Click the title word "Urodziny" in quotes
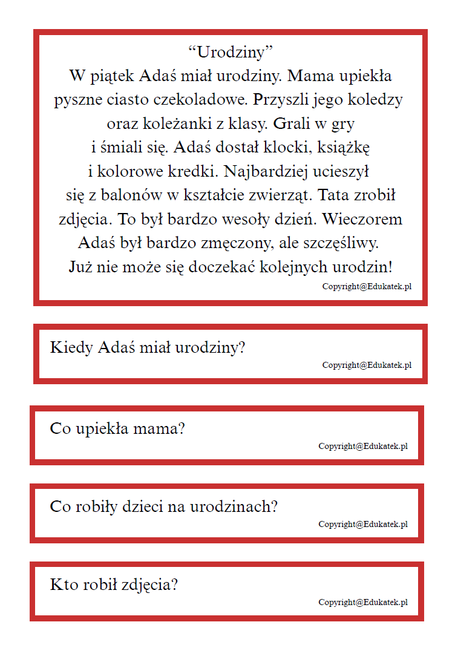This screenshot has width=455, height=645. (227, 53)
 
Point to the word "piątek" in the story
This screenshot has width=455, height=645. (113, 77)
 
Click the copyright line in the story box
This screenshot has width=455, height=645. (367, 287)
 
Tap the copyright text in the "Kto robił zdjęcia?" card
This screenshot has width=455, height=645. (363, 603)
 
